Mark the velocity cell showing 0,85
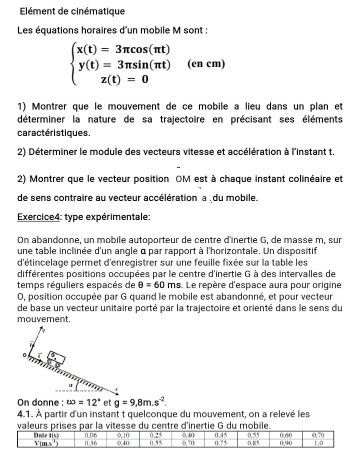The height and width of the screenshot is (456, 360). point(253,443)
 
